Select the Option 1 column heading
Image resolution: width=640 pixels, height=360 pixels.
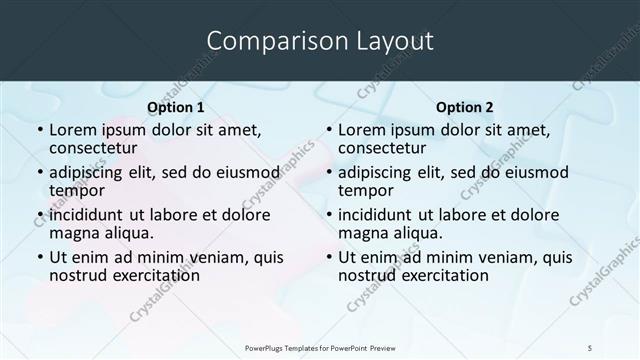click(176, 107)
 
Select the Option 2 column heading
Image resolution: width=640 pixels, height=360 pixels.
click(465, 107)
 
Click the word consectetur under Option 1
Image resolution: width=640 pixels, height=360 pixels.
click(93, 148)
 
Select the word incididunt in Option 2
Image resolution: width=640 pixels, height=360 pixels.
click(375, 215)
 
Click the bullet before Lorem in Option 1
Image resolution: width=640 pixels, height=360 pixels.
click(40, 131)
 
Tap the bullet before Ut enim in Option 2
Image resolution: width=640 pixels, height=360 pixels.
click(328, 258)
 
